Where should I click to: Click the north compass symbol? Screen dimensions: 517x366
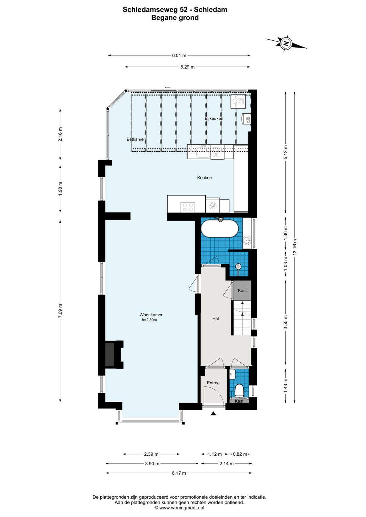(x=286, y=44)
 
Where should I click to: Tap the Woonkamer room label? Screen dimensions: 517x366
(x=151, y=315)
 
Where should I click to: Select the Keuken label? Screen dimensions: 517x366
(x=204, y=178)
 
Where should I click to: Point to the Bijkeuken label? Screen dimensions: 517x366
(x=214, y=119)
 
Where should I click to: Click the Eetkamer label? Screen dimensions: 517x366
(x=136, y=139)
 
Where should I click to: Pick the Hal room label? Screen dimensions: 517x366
(x=216, y=318)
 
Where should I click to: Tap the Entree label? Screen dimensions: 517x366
(x=213, y=383)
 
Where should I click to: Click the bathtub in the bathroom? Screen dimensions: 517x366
(x=220, y=229)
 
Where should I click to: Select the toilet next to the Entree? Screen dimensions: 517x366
(x=239, y=391)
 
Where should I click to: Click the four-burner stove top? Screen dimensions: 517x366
(x=188, y=207)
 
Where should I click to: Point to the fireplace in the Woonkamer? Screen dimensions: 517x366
(x=110, y=354)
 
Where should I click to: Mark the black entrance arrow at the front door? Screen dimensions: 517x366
(x=213, y=413)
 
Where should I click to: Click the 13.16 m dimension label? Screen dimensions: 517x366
(x=295, y=247)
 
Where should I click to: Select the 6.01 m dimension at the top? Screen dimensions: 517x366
(x=179, y=55)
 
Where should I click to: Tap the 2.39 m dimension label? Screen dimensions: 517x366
(x=151, y=454)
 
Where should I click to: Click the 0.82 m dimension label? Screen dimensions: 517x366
(x=240, y=454)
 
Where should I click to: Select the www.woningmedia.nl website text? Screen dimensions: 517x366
(x=182, y=508)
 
